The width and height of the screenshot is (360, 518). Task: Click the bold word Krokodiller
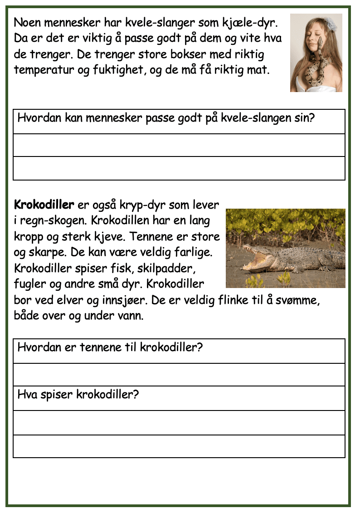(44, 205)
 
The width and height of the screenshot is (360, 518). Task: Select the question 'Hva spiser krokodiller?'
(78, 394)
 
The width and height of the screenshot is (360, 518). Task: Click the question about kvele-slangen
(166, 119)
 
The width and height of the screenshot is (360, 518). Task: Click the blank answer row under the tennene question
(179, 375)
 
